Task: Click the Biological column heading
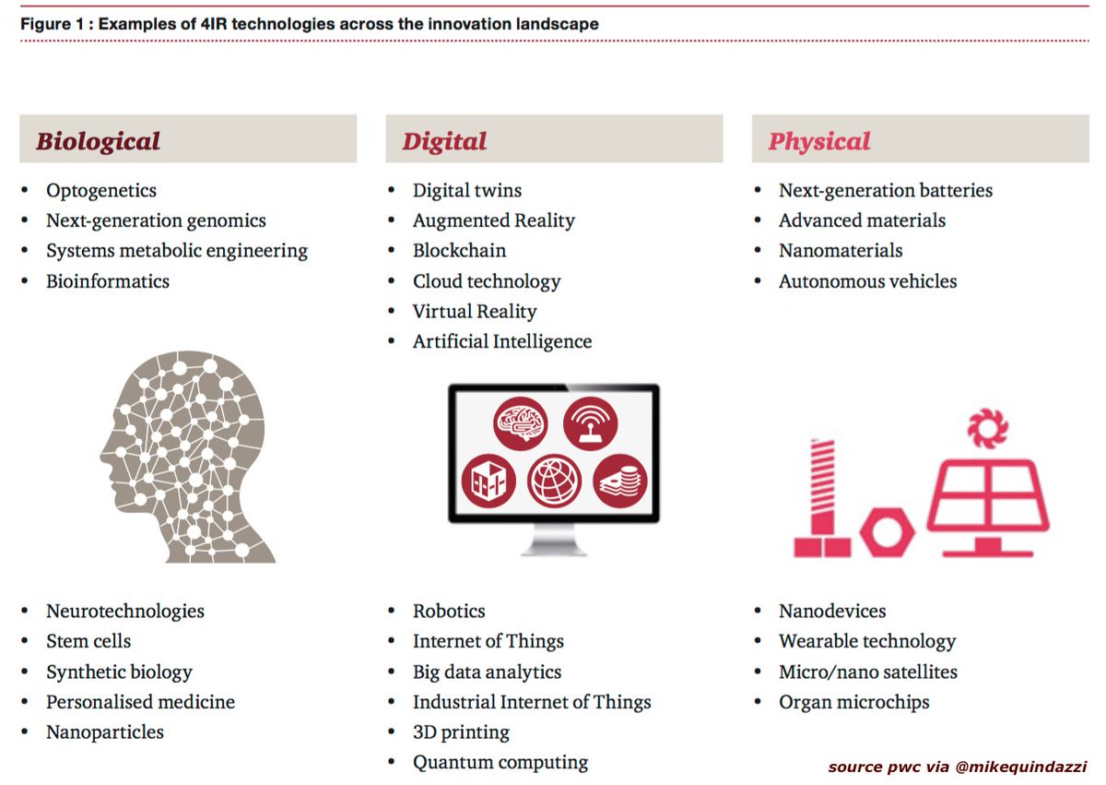[x=98, y=141]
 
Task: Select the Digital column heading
[x=444, y=141]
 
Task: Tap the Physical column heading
[x=818, y=141]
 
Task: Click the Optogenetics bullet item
[x=101, y=191]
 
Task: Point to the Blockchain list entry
[x=459, y=251]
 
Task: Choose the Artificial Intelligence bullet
[x=501, y=341]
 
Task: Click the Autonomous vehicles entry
[x=867, y=281]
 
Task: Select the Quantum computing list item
[x=500, y=762]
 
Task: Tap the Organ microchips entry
[x=853, y=702]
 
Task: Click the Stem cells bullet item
[x=88, y=641]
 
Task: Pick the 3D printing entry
[x=461, y=732]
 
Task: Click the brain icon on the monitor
[x=521, y=424]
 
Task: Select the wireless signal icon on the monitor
[x=590, y=424]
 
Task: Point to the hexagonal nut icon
[x=886, y=534]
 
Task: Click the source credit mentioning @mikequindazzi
[x=957, y=767]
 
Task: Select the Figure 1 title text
[x=309, y=24]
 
